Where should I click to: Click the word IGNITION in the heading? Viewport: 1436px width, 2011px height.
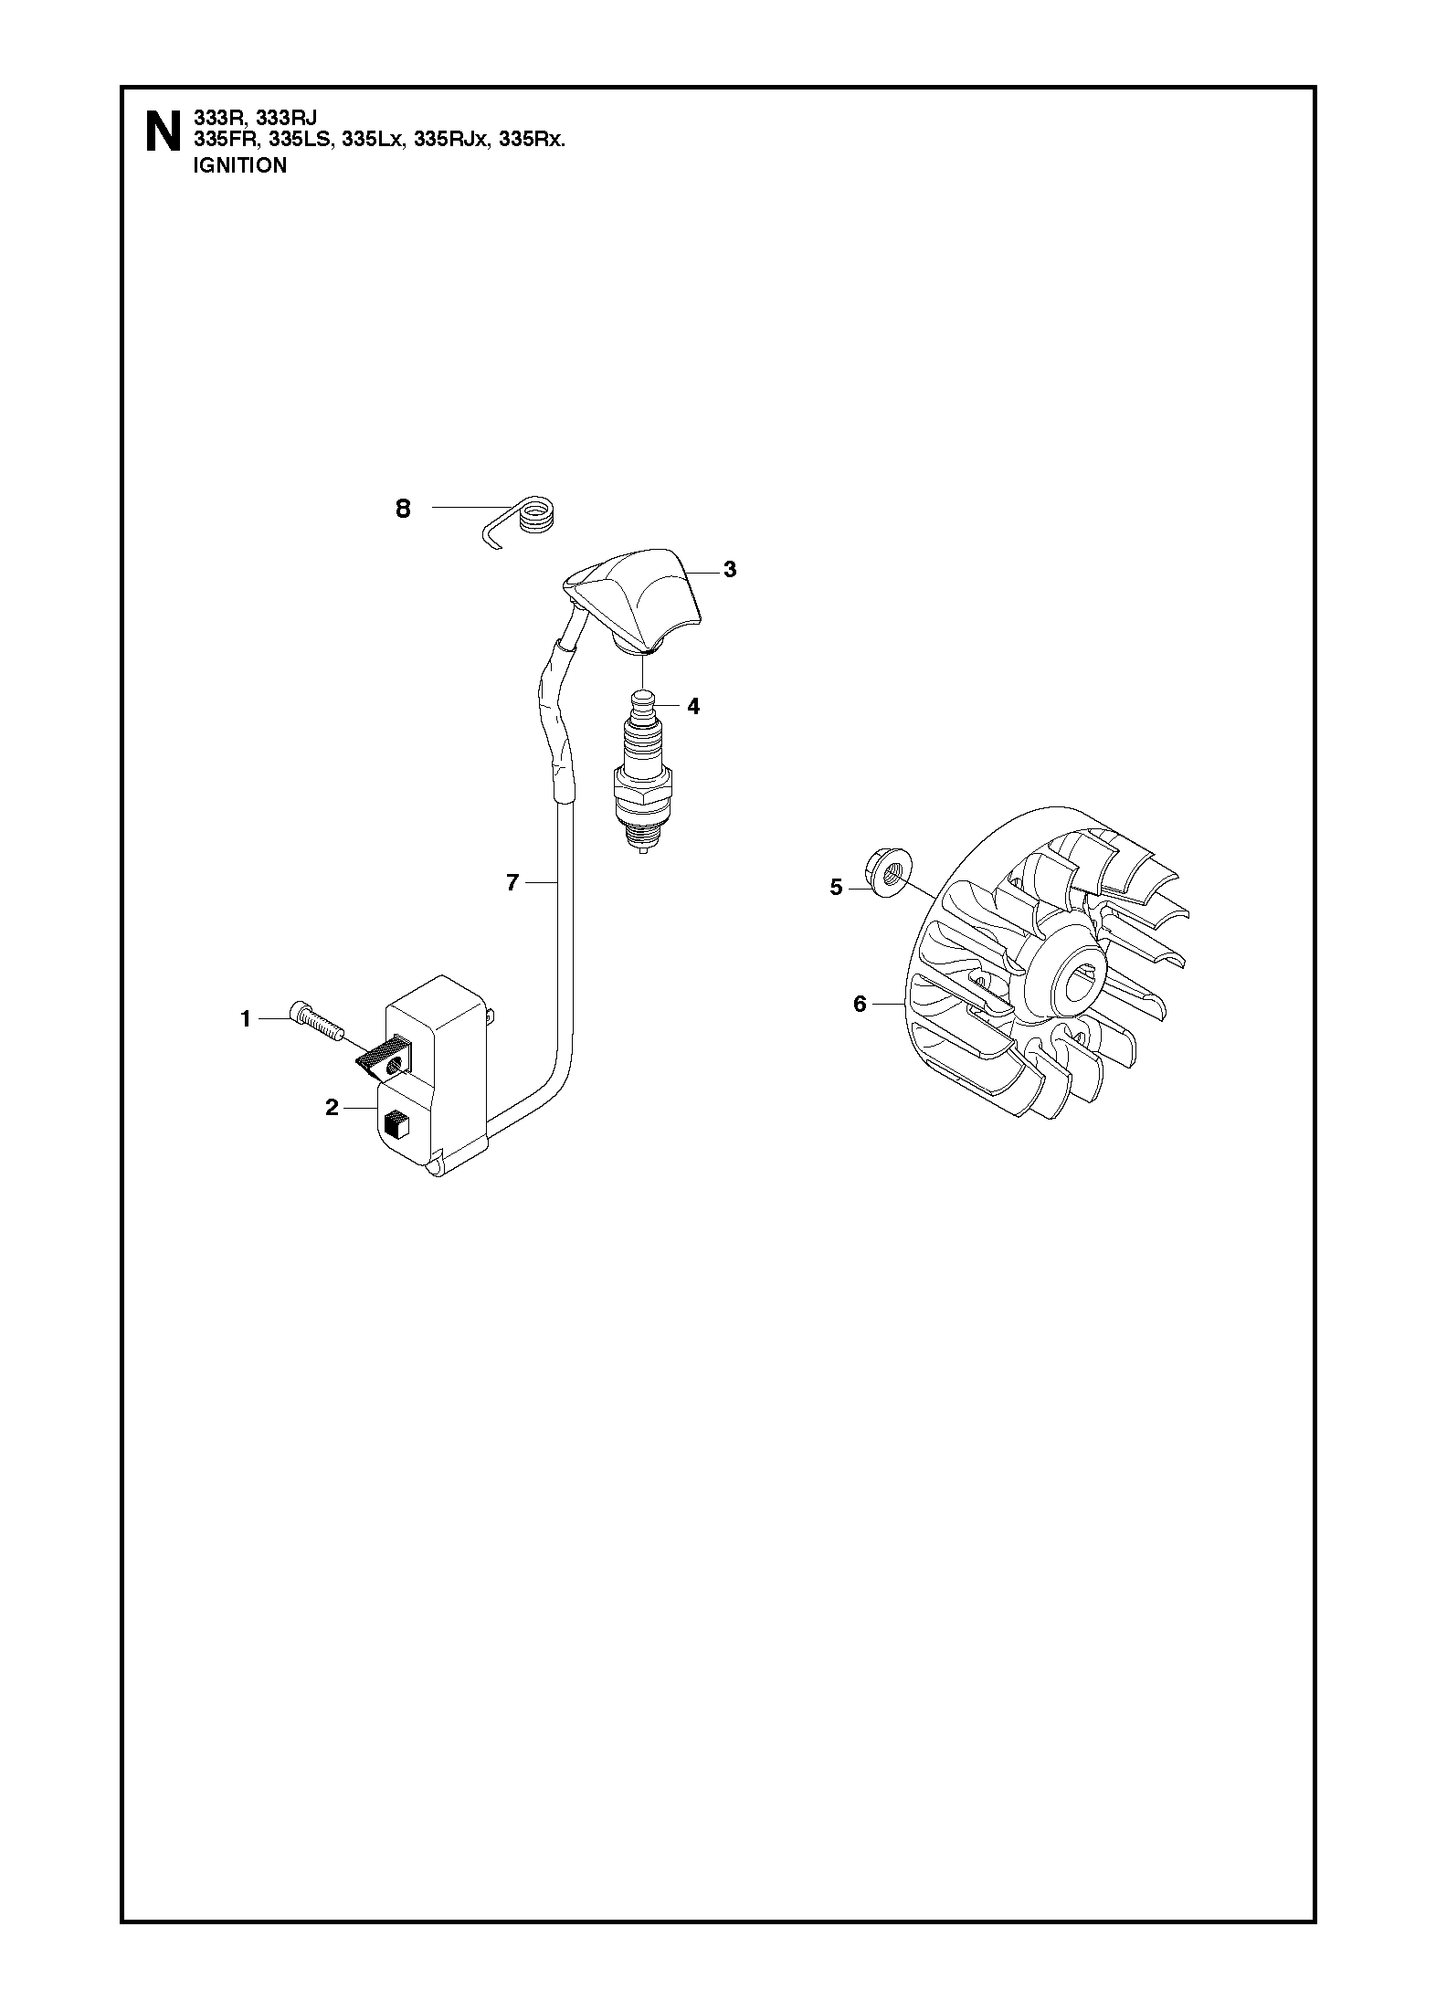coord(240,166)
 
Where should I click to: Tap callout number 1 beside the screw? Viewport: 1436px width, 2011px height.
coord(245,1018)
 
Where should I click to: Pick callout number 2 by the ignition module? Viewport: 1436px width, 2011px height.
coord(332,1108)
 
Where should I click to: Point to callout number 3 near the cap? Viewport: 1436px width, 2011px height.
coord(729,570)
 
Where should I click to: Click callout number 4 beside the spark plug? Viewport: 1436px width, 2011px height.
coord(693,706)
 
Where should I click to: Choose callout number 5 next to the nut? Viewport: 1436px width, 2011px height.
coord(835,887)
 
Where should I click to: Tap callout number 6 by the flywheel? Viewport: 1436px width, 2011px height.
coord(859,1005)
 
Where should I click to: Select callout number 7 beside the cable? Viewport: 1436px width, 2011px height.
coord(512,882)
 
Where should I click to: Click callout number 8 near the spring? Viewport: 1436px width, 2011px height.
coord(403,510)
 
